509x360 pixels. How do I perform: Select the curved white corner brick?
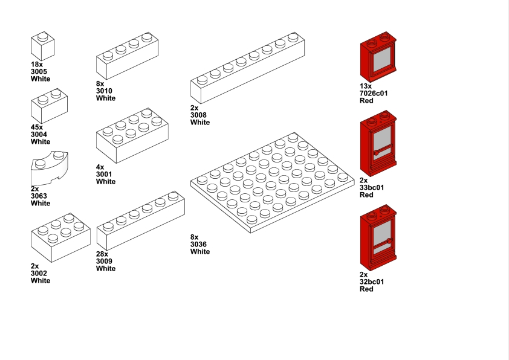50,168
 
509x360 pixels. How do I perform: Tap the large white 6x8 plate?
273,182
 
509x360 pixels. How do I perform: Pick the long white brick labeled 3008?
247,68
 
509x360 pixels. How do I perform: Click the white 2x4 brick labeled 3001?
132,135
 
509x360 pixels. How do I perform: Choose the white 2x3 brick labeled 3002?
60,238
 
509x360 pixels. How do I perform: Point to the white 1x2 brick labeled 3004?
50,106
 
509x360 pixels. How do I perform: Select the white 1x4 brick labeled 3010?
127,56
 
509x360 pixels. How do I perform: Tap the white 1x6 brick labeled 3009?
141,221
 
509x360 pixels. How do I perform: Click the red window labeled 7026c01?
378,57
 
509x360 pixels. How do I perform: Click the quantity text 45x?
37,127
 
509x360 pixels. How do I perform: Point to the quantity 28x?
102,254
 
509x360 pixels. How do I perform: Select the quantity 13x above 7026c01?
366,86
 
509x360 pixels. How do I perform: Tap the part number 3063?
39,196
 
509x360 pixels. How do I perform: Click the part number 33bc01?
372,187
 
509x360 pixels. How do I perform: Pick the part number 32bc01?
372,282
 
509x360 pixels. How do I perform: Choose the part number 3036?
198,244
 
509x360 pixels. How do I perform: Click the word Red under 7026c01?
366,100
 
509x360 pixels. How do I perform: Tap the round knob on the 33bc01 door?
376,153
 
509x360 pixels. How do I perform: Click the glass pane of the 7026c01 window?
382,61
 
